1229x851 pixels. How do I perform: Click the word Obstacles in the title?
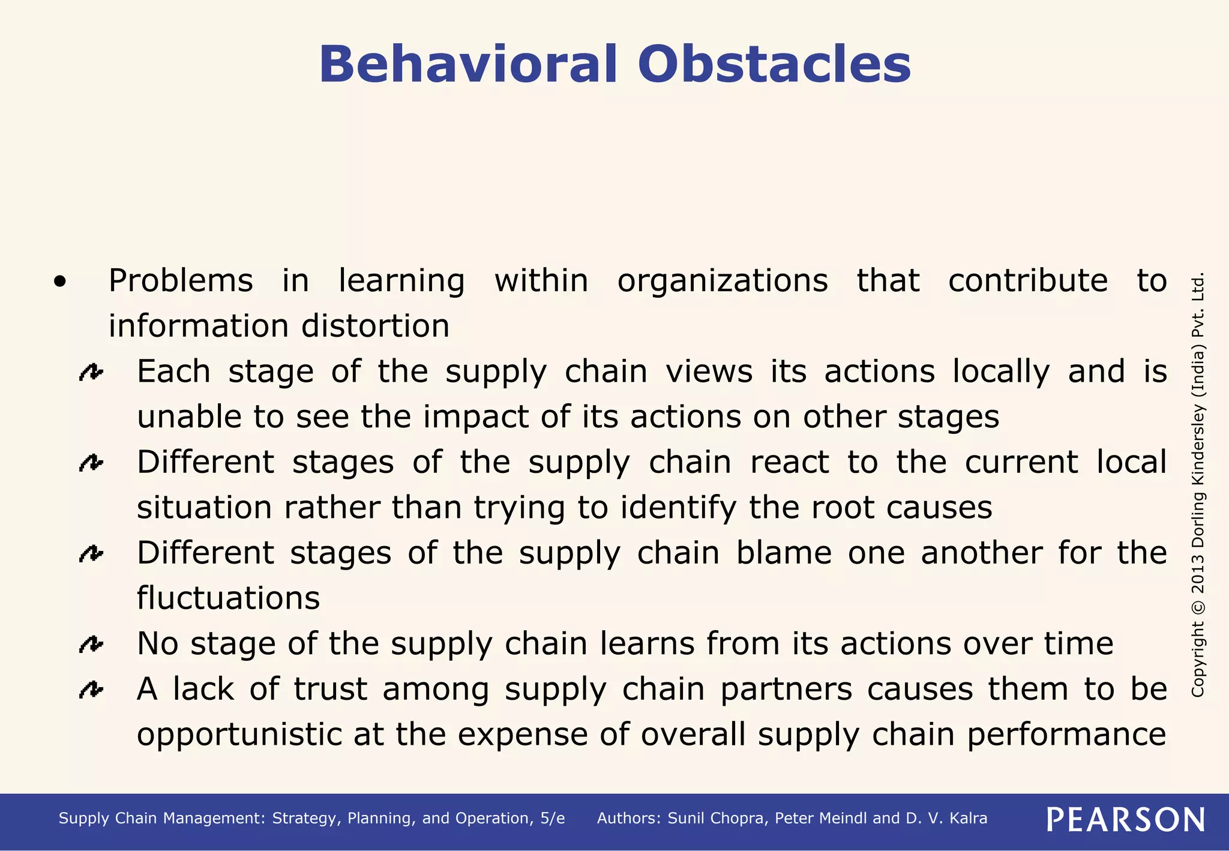click(x=774, y=64)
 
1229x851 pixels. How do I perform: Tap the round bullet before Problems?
click(x=59, y=281)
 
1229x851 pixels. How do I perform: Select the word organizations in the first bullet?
click(x=723, y=281)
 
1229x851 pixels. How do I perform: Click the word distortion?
click(x=375, y=326)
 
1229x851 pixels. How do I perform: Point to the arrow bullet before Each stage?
click(x=91, y=373)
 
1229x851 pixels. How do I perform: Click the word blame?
click(x=784, y=553)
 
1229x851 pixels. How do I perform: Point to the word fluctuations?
click(x=228, y=598)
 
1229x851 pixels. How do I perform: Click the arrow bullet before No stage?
click(x=91, y=645)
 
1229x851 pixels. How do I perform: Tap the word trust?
click(x=330, y=689)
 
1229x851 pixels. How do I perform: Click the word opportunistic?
click(x=239, y=735)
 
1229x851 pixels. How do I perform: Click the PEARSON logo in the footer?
click(x=1125, y=819)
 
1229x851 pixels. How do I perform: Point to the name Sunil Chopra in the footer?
click(x=717, y=819)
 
